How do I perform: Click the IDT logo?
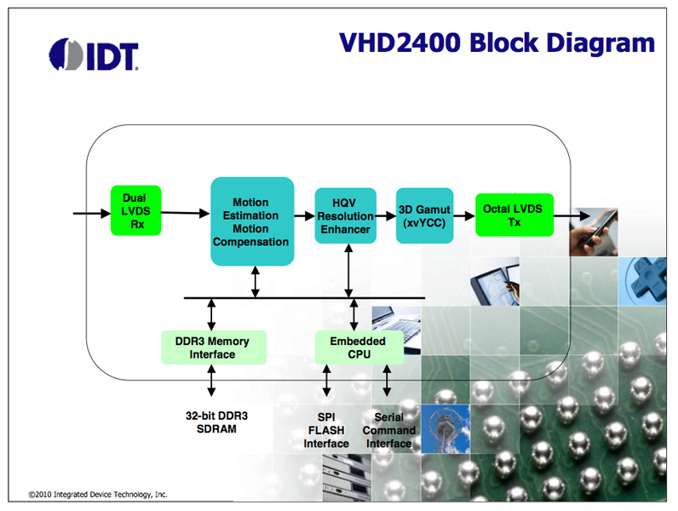[94, 55]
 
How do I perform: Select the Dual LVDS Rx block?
[135, 210]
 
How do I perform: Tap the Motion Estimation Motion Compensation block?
[251, 221]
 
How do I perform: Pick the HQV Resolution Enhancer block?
[345, 216]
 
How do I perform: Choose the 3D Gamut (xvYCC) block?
[424, 215]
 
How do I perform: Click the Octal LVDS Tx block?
[514, 215]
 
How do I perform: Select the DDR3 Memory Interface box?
[213, 347]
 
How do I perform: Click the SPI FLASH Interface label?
[326, 430]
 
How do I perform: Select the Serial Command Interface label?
[388, 430]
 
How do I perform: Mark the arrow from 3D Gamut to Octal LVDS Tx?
[464, 215]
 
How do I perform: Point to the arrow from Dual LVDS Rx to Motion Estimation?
[185, 213]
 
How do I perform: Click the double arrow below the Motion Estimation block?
[255, 282]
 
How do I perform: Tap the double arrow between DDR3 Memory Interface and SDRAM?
[212, 383]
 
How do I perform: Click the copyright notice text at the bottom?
[97, 494]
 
